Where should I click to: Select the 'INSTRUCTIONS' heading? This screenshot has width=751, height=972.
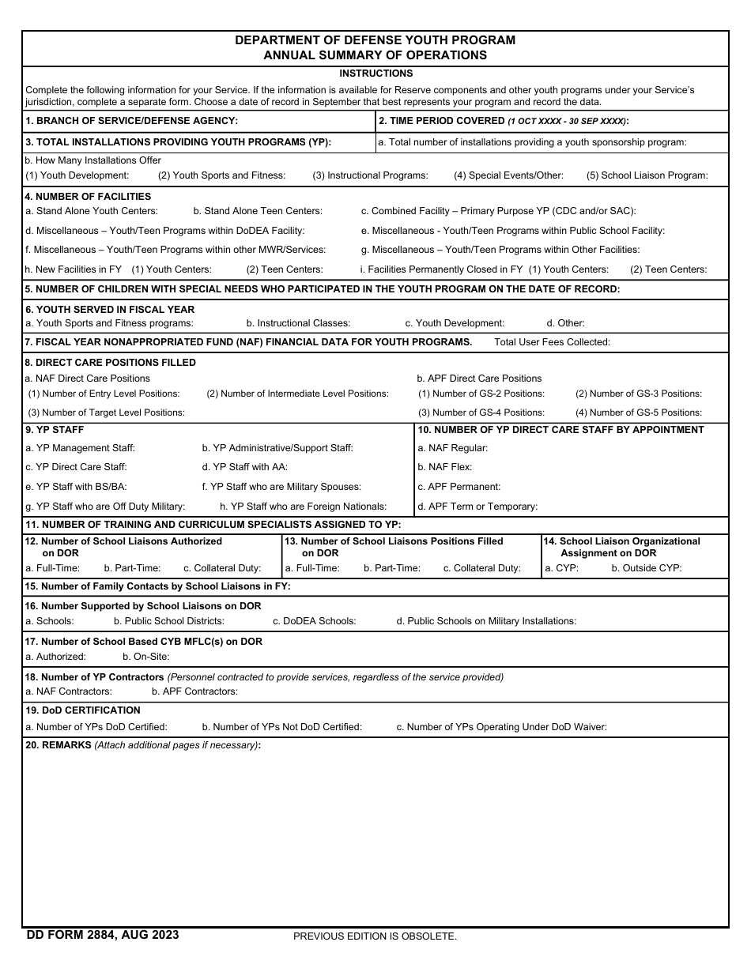click(375, 73)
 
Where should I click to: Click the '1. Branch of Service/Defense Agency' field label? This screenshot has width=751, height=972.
click(131, 121)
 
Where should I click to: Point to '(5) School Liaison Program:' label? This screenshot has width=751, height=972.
click(647, 175)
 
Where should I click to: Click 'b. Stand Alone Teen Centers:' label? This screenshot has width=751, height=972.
click(257, 211)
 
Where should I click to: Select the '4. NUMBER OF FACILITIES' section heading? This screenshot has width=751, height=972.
click(88, 197)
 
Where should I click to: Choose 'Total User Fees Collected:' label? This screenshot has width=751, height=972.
click(552, 342)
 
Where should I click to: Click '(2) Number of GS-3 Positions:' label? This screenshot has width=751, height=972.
click(638, 394)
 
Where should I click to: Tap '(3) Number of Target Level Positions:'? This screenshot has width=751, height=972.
click(106, 413)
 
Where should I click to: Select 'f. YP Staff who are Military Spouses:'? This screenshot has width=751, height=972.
click(281, 487)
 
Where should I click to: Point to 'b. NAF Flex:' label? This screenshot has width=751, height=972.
click(444, 468)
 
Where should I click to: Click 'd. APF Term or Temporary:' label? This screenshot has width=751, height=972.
click(477, 507)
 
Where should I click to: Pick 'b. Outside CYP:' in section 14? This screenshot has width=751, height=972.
click(646, 568)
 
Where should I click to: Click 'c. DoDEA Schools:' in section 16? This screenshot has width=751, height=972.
click(314, 621)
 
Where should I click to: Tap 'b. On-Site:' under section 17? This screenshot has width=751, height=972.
click(146, 657)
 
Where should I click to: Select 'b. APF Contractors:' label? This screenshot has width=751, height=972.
click(194, 691)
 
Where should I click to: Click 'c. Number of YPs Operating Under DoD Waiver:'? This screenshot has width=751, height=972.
click(501, 727)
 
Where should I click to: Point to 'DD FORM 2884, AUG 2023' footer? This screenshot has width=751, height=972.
click(103, 935)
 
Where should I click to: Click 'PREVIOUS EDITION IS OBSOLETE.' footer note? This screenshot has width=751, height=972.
click(375, 936)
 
